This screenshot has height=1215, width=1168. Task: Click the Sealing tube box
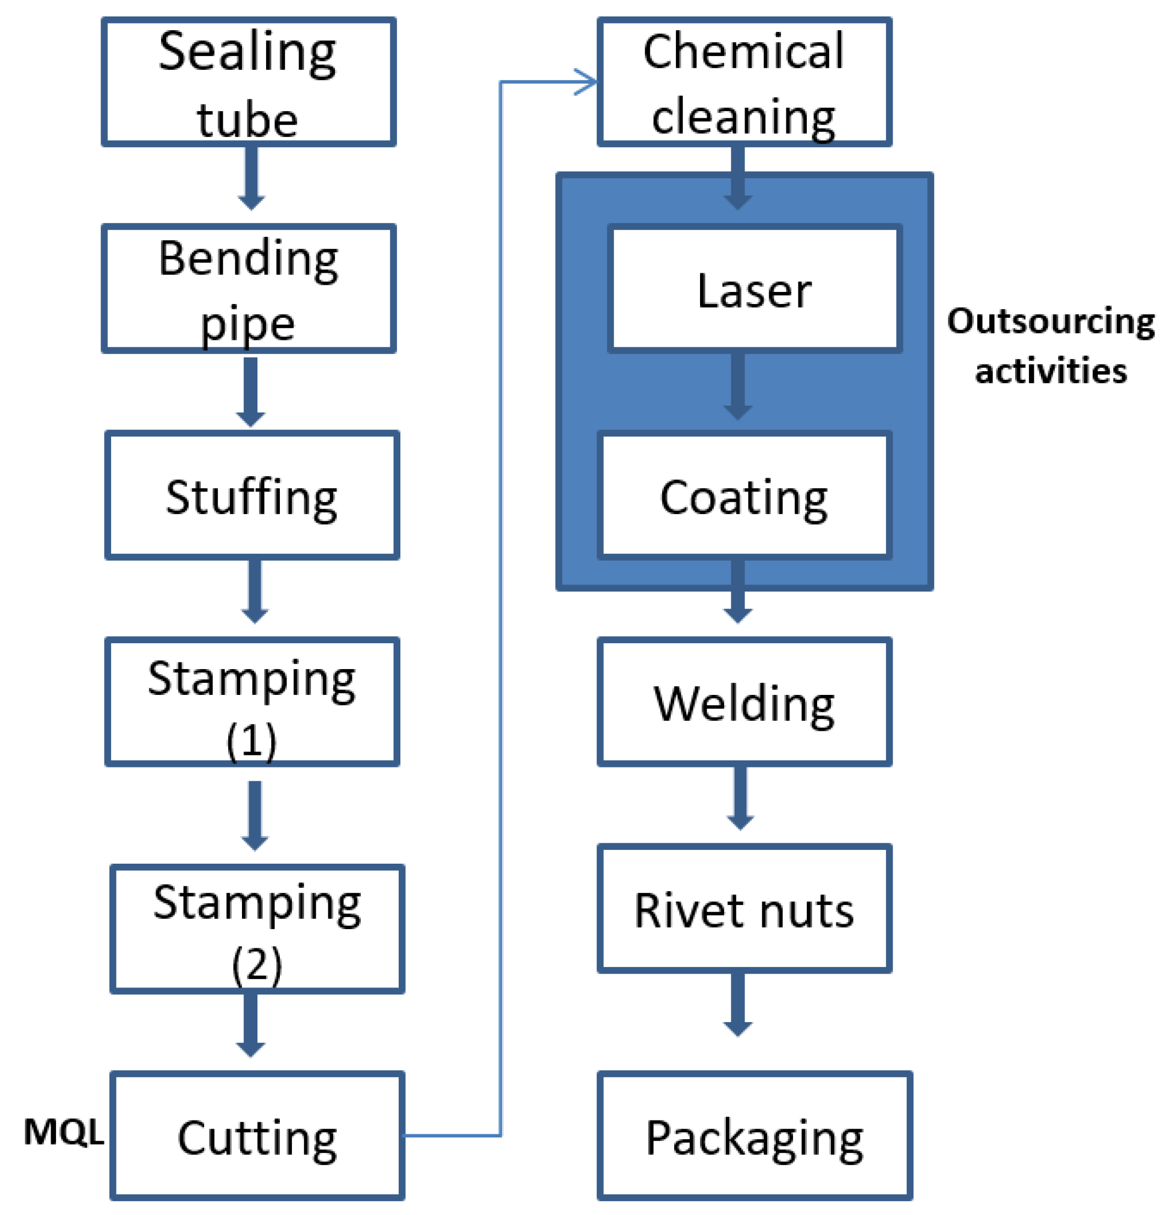pos(248,82)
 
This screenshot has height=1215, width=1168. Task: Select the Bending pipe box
pos(248,289)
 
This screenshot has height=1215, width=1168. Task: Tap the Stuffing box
pos(252,496)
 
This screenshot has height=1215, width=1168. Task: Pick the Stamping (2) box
pos(257,929)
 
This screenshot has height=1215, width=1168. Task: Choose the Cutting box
pos(257,1136)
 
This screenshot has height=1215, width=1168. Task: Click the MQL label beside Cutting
pos(63,1133)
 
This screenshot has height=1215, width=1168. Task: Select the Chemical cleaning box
pos(744,82)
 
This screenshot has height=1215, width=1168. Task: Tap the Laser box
pos(754,289)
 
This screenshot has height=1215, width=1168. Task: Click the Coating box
pos(744,496)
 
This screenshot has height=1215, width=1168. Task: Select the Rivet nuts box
pos(744,909)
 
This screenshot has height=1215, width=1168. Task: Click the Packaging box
pos(754,1136)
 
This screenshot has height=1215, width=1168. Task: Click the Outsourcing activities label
pos(1050,346)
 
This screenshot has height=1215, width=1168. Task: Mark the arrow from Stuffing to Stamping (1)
pos(254,592)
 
